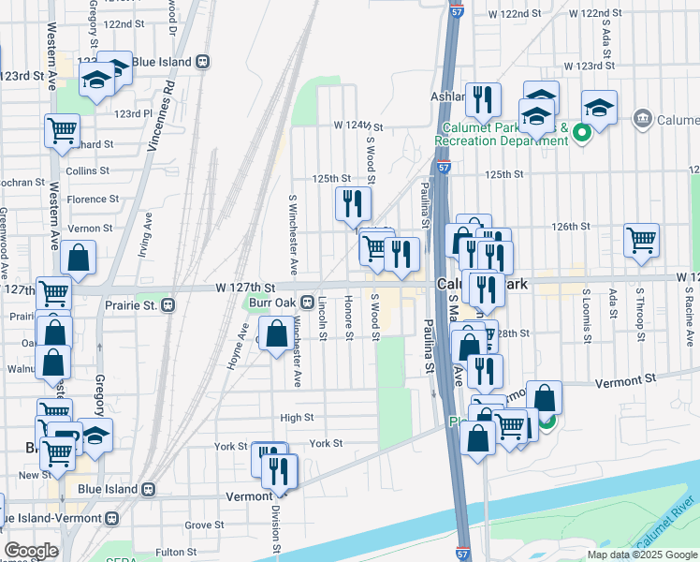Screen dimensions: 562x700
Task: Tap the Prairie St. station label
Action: coord(127,304)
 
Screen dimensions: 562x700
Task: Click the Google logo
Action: coord(31,551)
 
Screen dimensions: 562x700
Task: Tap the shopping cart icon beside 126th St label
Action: coord(642,239)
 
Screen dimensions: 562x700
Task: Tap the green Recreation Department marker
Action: coord(581,132)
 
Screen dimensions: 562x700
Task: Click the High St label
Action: coord(297,418)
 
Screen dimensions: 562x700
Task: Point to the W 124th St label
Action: coord(358,126)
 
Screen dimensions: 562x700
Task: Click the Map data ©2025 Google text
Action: coord(641,555)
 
